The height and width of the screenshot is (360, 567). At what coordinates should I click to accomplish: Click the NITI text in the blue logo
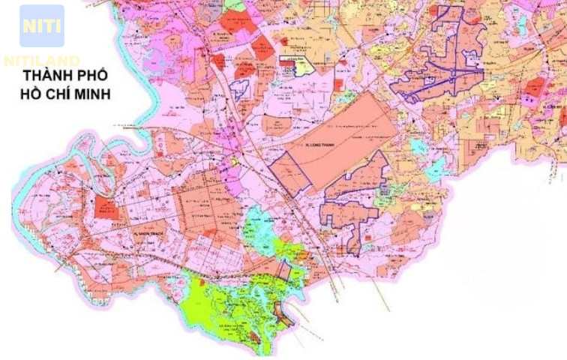coord(41,25)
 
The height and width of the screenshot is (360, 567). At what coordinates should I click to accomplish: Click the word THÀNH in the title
coord(46,76)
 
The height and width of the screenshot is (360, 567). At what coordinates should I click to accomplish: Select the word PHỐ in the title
coord(93,76)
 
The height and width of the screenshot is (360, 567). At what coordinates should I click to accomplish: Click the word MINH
coord(92,94)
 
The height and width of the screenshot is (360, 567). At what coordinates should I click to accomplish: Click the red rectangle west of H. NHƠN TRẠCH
coord(106,208)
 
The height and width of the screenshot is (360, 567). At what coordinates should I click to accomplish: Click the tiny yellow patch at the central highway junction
coord(234,160)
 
